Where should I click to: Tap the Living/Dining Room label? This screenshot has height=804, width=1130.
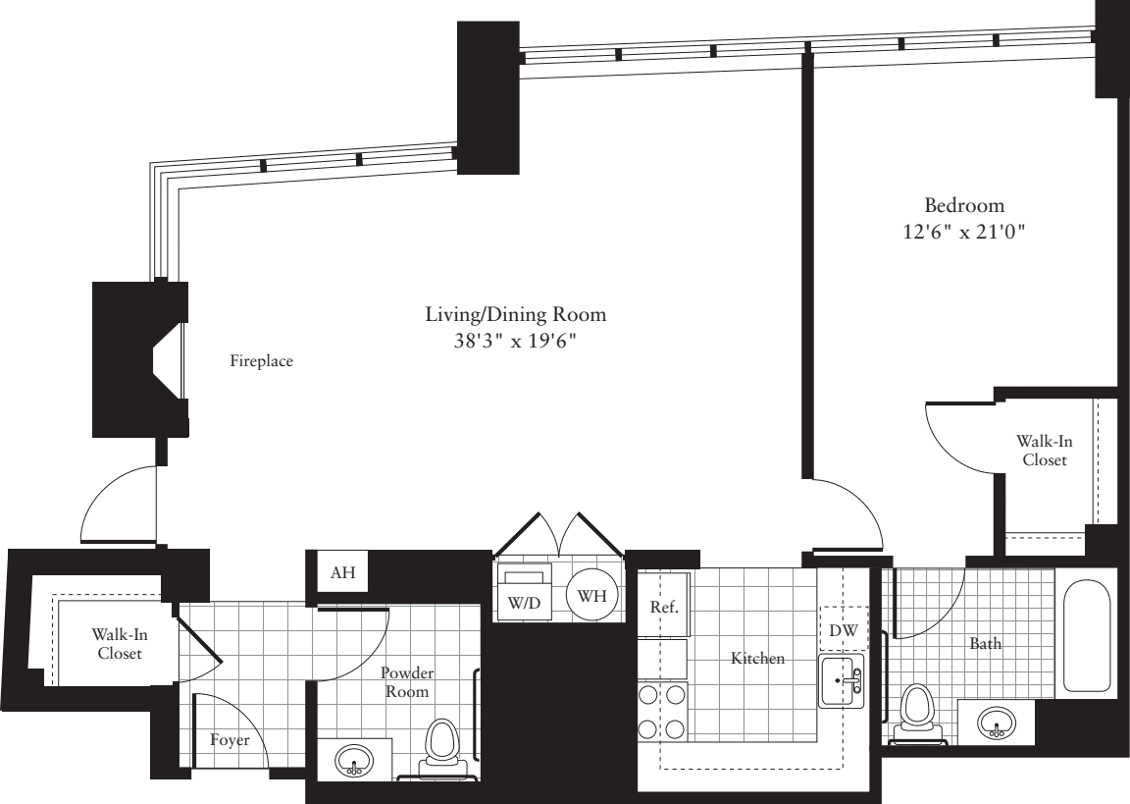tap(515, 315)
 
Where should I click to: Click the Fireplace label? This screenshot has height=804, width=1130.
tap(262, 361)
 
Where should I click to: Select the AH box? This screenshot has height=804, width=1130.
tap(342, 573)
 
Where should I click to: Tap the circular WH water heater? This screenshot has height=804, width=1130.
tap(591, 596)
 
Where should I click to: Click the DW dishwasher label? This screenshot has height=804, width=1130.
tap(843, 631)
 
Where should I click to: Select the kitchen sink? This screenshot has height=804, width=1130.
tap(842, 681)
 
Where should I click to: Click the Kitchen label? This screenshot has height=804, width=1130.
tap(757, 659)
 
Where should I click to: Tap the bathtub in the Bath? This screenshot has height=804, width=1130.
tap(1087, 638)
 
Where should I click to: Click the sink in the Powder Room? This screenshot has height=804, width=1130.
tap(354, 760)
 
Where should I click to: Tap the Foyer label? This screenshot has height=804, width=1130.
tap(230, 740)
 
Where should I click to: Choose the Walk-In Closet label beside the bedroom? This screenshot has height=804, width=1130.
tap(1044, 450)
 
